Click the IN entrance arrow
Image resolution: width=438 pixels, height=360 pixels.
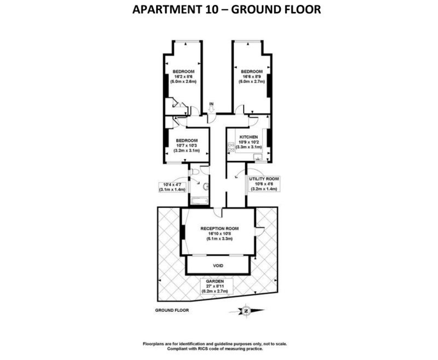pos(211,109)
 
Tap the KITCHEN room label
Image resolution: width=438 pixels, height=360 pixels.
pos(249,137)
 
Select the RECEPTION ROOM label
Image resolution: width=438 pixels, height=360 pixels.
pos(220,229)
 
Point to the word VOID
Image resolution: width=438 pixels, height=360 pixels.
pos(218,266)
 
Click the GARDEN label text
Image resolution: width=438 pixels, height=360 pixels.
pos(215,281)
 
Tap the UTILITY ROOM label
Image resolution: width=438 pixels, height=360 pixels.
pos(264,179)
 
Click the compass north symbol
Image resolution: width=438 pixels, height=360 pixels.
pos(246,311)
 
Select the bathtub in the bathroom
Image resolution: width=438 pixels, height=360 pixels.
pos(199,201)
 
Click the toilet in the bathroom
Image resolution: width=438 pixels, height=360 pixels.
pos(194,172)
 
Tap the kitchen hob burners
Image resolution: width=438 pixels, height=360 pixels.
pos(231,147)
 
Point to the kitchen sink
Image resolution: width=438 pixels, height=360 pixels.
pos(257,157)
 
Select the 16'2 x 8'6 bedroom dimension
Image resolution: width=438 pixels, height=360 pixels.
pos(183,77)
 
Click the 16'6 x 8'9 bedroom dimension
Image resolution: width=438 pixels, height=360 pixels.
pos(252,77)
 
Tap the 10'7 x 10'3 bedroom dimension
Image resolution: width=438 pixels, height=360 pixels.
pos(187,146)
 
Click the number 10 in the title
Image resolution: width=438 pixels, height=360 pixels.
pos(211,9)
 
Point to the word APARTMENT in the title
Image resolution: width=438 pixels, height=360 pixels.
pos(168,9)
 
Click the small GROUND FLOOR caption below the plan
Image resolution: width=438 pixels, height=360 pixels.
pos(172,310)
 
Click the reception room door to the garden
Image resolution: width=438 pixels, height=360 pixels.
pos(259,231)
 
